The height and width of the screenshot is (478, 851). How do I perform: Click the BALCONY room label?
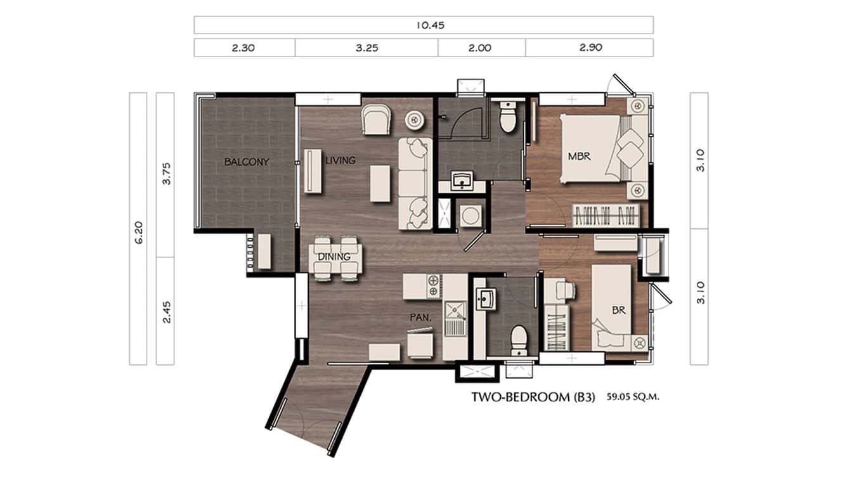246,162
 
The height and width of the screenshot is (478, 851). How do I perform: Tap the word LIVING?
341,160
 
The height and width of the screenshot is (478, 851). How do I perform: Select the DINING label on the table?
335,257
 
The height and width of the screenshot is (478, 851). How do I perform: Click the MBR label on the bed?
579,156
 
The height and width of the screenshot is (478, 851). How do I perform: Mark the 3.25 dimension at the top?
367,48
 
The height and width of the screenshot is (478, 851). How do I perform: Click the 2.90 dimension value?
589,48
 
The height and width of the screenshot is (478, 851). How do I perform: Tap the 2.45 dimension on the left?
166,311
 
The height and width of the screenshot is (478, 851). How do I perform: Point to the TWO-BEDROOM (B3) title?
533,398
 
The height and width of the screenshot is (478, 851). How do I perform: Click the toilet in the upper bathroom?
507,117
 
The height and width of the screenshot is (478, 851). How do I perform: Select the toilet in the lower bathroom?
519,339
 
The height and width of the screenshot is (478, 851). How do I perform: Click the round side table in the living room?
415,118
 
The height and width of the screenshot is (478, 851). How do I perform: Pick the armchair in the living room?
377,119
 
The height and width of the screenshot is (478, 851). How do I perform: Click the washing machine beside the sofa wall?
471,216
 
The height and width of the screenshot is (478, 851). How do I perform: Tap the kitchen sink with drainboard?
454,320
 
